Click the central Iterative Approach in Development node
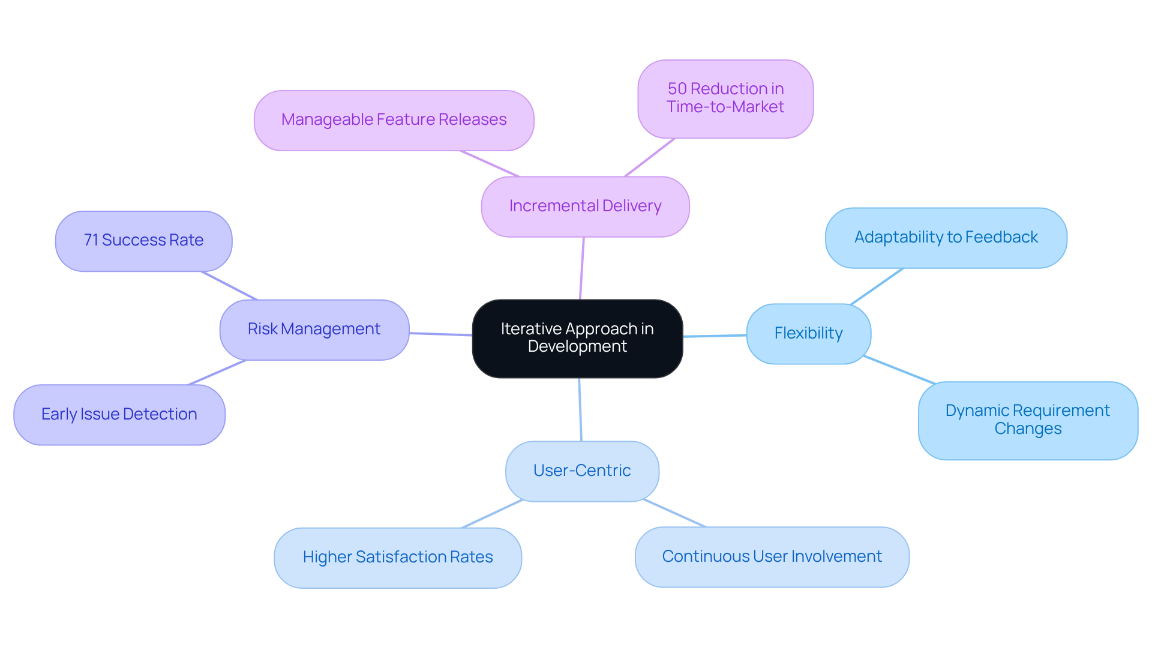tap(577, 338)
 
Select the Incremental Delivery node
tap(585, 206)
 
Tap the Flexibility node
tap(808, 334)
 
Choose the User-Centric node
tap(582, 471)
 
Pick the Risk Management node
tap(314, 330)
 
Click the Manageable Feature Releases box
tap(394, 120)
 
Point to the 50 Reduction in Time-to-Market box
tap(725, 98)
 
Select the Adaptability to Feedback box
tap(946, 238)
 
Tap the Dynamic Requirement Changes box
tap(1027, 420)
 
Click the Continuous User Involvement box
tap(772, 557)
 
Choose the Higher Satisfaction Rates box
tap(397, 558)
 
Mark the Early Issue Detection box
tap(119, 415)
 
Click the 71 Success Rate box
tap(143, 241)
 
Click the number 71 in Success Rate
tap(91, 240)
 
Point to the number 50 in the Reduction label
tap(677, 89)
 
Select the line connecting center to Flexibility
tap(715, 336)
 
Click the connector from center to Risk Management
tap(441, 334)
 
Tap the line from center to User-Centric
tap(580, 409)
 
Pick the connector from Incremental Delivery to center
tap(582, 268)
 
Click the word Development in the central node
tap(577, 347)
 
